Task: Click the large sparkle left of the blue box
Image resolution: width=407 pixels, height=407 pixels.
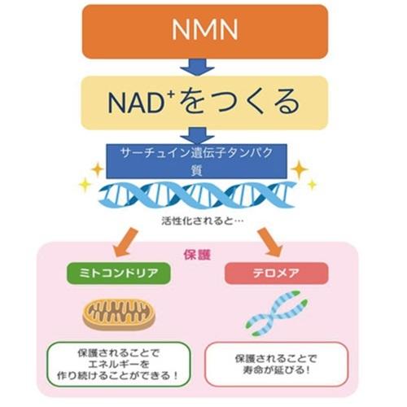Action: tap(98, 169)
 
